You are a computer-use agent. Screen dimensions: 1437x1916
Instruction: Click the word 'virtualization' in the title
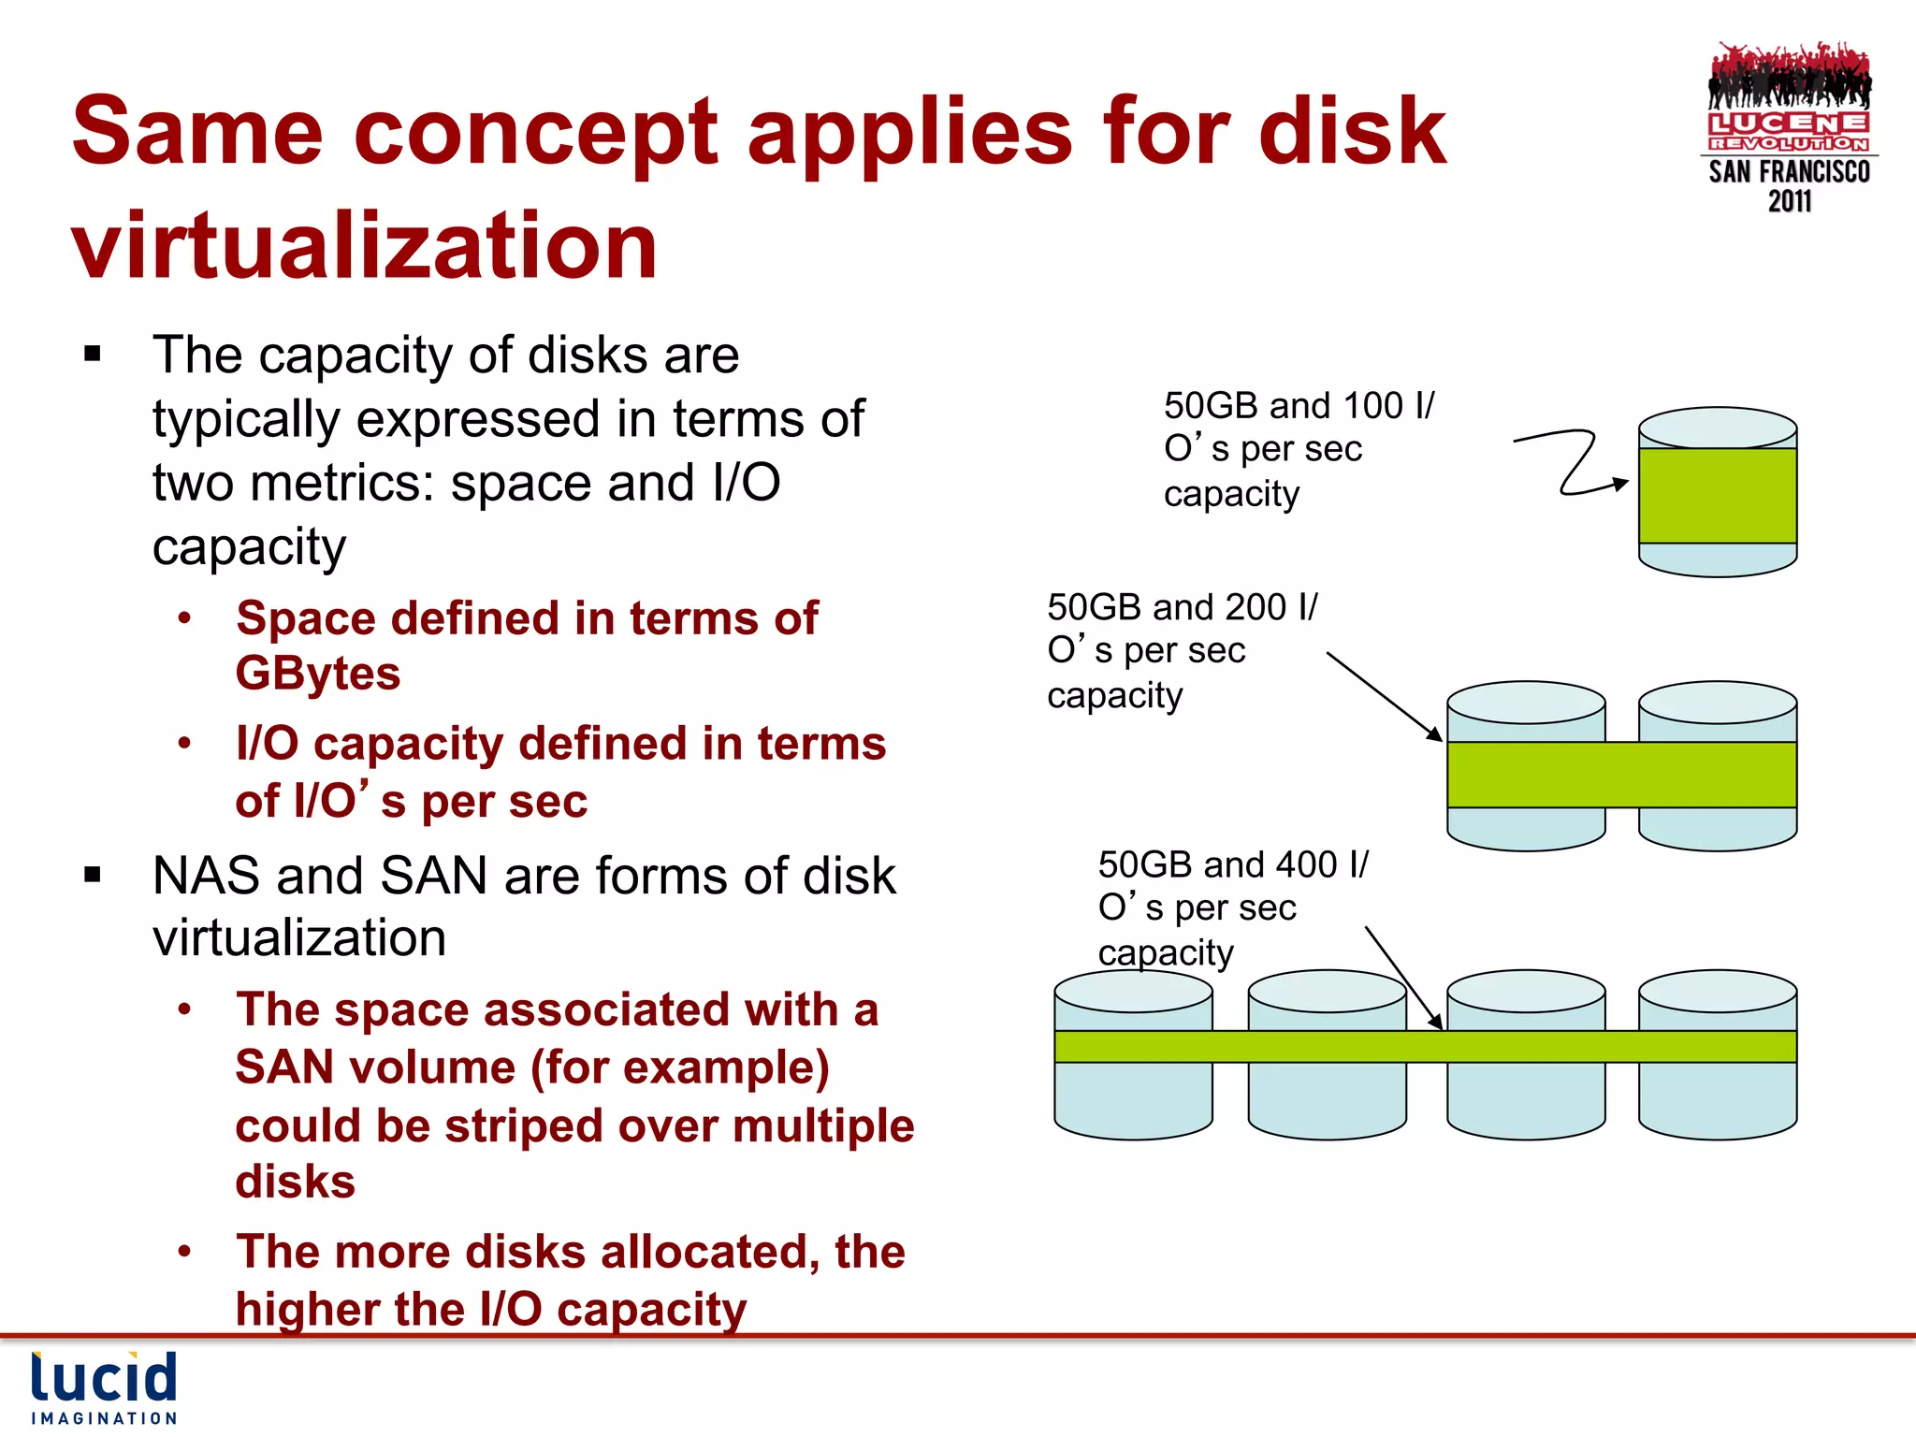pos(364,245)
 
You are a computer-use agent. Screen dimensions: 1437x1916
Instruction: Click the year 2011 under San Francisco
pos(1789,201)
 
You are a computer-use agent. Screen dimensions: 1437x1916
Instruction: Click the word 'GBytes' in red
pos(318,674)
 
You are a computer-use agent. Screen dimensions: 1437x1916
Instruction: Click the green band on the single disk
pos(1717,496)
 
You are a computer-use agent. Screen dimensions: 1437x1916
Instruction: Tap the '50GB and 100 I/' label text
pos(1299,406)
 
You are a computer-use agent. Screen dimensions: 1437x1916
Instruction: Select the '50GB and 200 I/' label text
pos(1182,608)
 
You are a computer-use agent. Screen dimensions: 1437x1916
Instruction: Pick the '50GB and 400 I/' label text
pos(1232,865)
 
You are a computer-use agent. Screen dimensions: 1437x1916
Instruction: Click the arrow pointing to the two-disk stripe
pos(1385,696)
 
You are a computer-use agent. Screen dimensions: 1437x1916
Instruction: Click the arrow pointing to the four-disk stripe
pos(1403,978)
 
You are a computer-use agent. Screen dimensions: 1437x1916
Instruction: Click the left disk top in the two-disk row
pos(1526,703)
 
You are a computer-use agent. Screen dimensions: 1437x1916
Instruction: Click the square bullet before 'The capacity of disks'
pos(92,355)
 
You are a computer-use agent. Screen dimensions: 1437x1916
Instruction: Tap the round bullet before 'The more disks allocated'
pos(185,1251)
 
